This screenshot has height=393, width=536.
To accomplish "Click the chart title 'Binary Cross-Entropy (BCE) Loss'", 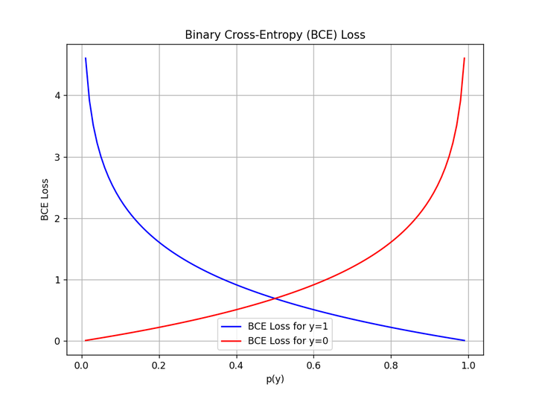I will tap(275, 35).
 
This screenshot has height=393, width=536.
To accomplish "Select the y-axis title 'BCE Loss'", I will tap(45, 199).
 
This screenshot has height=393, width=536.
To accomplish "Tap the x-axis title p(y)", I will tap(275, 379).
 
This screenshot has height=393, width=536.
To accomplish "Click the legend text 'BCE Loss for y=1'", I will tap(288, 326).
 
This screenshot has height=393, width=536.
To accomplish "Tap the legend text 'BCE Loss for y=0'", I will tap(288, 340).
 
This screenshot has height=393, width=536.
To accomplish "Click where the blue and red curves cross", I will tap(275, 298).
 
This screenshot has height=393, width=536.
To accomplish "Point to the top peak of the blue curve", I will tap(86, 58).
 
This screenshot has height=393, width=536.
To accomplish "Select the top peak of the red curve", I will tap(465, 58).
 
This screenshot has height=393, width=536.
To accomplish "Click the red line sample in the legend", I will tap(232, 340).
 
